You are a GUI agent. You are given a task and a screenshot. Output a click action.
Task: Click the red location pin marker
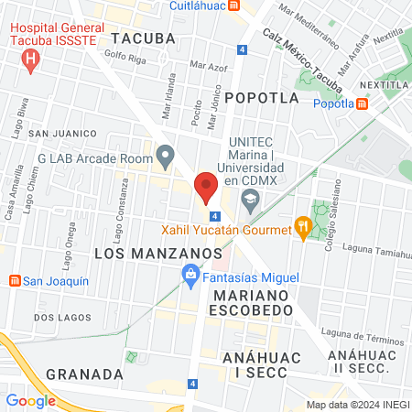206,186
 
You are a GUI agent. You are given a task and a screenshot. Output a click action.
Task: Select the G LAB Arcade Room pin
165,157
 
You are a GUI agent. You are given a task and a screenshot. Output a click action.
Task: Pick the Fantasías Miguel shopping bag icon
190,273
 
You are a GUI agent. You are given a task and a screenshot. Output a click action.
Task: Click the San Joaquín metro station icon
14,281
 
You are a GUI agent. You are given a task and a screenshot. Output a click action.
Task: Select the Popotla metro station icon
363,103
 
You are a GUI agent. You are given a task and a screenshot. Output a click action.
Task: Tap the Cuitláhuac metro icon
235,5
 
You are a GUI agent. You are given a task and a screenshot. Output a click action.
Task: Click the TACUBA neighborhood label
143,38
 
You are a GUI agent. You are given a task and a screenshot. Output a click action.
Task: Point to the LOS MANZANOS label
146,250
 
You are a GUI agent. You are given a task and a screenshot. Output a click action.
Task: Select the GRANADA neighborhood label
84,374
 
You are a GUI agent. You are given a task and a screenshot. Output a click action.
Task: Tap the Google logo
30,400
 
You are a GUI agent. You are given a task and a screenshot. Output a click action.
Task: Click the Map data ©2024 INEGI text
357,405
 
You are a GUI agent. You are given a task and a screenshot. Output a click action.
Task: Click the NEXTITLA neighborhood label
385,84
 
